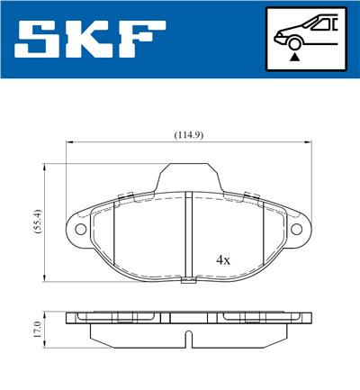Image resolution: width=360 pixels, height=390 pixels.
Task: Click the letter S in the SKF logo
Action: [x=40, y=40]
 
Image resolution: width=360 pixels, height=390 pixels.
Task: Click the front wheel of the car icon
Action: [x=293, y=41]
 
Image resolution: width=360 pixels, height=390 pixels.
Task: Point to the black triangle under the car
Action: [x=293, y=56]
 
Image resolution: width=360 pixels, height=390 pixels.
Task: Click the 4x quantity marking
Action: [x=223, y=259]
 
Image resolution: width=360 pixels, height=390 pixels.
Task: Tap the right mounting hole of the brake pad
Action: [x=294, y=230]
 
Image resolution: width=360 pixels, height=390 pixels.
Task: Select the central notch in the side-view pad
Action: [x=186, y=340]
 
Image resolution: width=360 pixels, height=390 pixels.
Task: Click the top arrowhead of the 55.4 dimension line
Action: [x=46, y=168]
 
